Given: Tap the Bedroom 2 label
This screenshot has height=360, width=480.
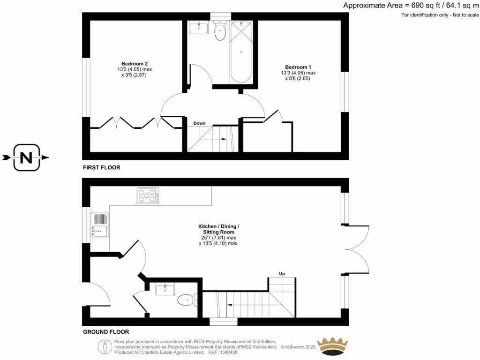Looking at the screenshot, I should pyautogui.click(x=135, y=64).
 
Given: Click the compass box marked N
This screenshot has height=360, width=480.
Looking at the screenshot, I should pyautogui.click(x=26, y=157).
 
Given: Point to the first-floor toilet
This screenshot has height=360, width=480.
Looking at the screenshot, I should pyautogui.click(x=219, y=31).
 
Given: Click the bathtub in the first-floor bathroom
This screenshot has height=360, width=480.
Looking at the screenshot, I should pyautogui.click(x=241, y=52).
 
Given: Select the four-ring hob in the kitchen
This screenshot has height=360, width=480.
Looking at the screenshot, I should pyautogui.click(x=148, y=195).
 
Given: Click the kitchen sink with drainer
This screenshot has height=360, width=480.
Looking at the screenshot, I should pyautogui.click(x=100, y=225).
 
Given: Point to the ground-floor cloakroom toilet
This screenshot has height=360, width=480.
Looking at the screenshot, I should pyautogui.click(x=187, y=299).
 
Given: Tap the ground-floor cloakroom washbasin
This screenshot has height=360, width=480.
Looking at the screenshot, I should pyautogui.click(x=165, y=289).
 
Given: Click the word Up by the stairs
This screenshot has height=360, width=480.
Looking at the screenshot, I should pyautogui.click(x=282, y=274).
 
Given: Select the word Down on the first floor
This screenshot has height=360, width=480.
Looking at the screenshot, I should pyautogui.click(x=200, y=123).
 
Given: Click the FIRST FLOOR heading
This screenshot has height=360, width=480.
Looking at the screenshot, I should pyautogui.click(x=102, y=167).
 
